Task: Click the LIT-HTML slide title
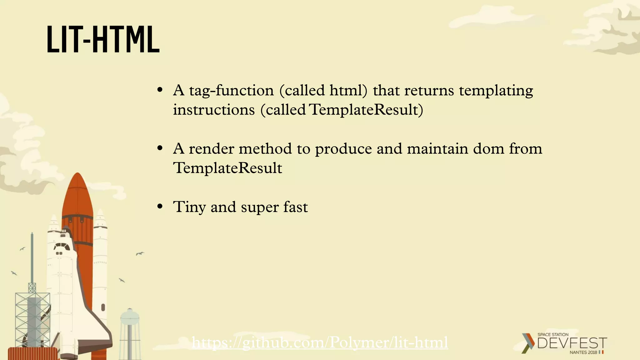pos(103,40)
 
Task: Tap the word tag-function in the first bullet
pos(231,91)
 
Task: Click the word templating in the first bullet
pos(496,91)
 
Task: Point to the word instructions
pos(214,110)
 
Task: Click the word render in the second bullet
pos(211,149)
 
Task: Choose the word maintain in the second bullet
pos(437,149)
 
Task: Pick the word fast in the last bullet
pos(295,207)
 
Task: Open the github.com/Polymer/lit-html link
pos(320,343)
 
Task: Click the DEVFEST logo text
pos(572,343)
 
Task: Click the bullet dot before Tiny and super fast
pos(160,207)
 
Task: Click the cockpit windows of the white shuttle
pos(62,247)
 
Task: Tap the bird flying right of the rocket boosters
pos(140,254)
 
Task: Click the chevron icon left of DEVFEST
pos(528,343)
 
